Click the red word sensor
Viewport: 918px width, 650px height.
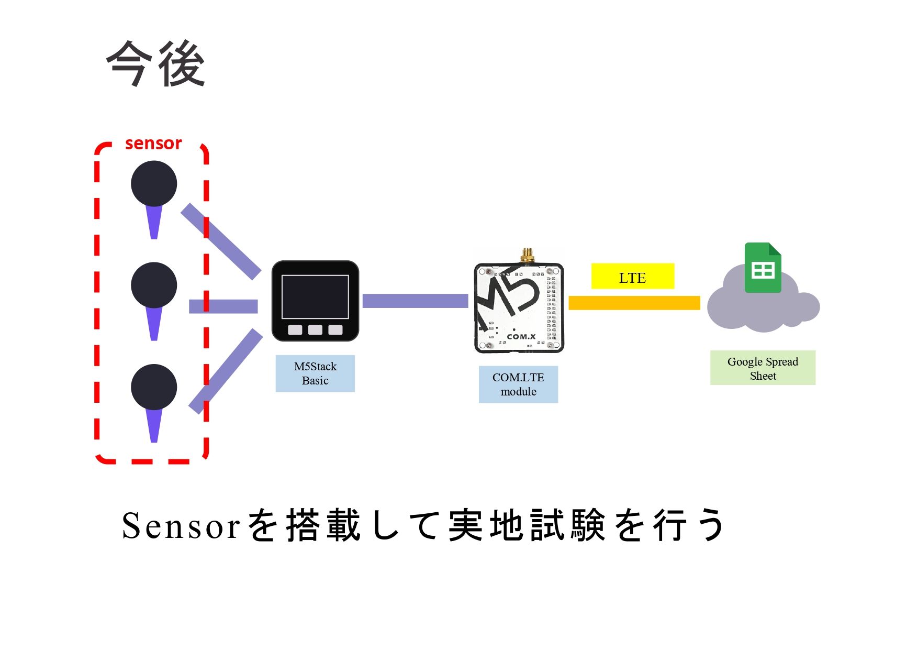coord(153,144)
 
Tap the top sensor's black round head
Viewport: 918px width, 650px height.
coord(154,183)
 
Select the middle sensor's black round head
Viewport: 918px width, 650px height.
coord(154,285)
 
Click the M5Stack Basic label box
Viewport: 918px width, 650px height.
coord(315,373)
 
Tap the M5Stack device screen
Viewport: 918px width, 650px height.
coord(315,296)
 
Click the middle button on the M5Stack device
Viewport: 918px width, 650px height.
coord(315,329)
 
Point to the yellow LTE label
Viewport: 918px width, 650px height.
coord(632,277)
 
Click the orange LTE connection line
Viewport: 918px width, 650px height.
coord(634,303)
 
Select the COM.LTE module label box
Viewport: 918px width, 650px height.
coord(518,384)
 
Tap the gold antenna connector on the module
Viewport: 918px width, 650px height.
coord(527,255)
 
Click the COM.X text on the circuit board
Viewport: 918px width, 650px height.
coord(521,336)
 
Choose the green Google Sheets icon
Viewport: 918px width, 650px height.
coord(763,268)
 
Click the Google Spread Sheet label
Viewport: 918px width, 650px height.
coord(763,368)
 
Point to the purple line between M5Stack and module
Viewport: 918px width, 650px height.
coord(415,301)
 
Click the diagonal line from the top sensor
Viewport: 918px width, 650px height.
coord(221,241)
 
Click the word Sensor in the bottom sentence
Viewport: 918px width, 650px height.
coord(181,526)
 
